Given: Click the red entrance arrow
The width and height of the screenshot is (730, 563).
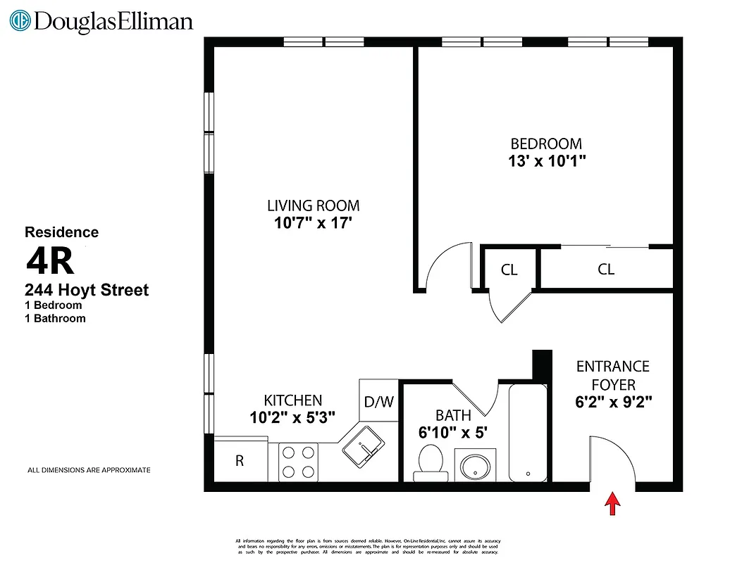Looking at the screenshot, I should pyautogui.click(x=613, y=503).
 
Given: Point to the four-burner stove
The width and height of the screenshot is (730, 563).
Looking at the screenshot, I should pyautogui.click(x=299, y=462).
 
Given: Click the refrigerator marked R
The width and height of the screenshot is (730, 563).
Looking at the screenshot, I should pyautogui.click(x=240, y=461).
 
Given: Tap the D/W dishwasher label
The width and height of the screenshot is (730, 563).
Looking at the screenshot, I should pyautogui.click(x=378, y=402).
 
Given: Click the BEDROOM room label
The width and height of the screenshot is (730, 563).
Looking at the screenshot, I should pyautogui.click(x=546, y=144).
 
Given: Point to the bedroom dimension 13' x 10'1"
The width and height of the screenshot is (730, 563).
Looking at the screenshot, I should pyautogui.click(x=546, y=160).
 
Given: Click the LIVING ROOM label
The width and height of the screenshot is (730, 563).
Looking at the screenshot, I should pyautogui.click(x=313, y=206).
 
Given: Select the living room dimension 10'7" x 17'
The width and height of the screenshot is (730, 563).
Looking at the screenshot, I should pyautogui.click(x=313, y=224).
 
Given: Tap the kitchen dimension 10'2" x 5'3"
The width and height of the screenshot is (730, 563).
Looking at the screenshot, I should pyautogui.click(x=292, y=417).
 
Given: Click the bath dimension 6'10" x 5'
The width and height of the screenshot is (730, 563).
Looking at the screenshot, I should pyautogui.click(x=453, y=433).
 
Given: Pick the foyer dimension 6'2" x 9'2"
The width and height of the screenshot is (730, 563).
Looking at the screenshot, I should pyautogui.click(x=612, y=403).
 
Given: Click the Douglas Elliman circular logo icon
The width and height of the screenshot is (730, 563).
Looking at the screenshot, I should pyautogui.click(x=20, y=20).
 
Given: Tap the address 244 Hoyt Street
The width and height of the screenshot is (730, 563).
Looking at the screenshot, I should pyautogui.click(x=87, y=290).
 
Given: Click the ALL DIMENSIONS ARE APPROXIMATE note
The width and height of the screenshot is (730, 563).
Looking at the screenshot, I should pyautogui.click(x=89, y=469).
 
